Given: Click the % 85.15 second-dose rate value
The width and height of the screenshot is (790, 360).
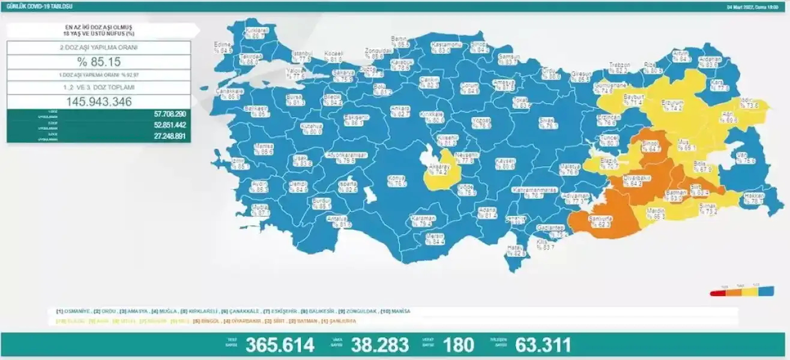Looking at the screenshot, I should tap(98, 62).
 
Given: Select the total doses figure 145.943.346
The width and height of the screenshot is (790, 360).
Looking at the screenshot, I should tap(98, 101).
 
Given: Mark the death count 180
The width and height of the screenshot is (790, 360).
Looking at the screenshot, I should tap(458, 345).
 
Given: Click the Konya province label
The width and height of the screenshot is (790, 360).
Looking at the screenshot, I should tap(397, 181).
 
